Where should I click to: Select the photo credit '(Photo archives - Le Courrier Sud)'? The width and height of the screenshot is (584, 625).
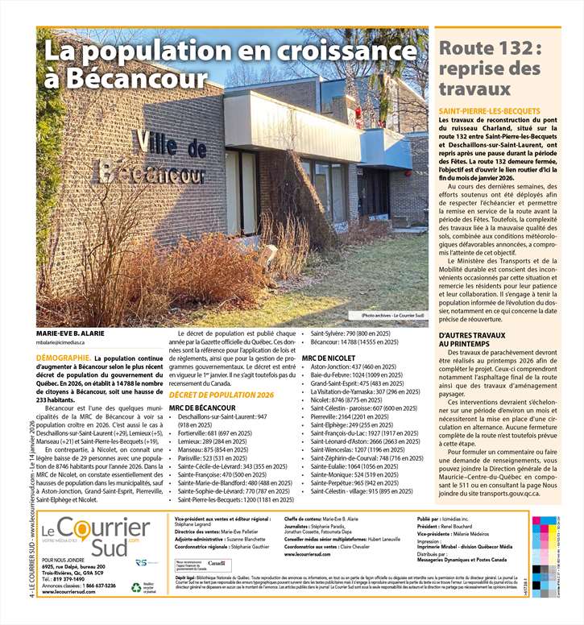[x=392, y=315]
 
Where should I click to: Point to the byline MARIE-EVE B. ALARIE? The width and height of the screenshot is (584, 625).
[x=71, y=332]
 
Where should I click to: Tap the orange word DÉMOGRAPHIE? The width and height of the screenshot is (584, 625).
[x=62, y=358]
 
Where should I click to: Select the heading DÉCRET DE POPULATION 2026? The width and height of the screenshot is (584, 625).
[x=222, y=395]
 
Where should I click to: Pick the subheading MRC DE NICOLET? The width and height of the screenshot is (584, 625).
[x=328, y=357]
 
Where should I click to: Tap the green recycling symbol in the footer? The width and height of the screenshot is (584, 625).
[x=136, y=587]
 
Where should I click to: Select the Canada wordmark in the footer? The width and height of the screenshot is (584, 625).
[x=216, y=584]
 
